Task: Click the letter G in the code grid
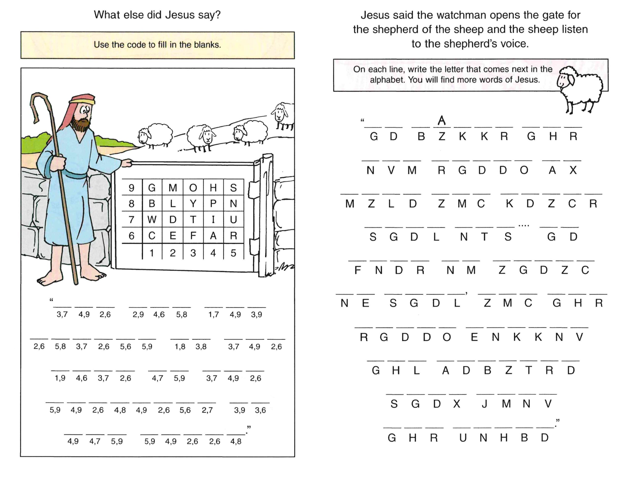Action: (152, 188)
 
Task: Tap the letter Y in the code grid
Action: (193, 204)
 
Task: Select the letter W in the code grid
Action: (152, 219)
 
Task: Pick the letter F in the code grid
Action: (193, 236)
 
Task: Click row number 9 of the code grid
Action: (132, 188)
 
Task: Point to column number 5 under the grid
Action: (233, 253)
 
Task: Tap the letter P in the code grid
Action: (213, 204)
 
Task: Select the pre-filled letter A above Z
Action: (442, 120)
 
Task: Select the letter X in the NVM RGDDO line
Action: (573, 170)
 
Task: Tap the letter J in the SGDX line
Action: (485, 404)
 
